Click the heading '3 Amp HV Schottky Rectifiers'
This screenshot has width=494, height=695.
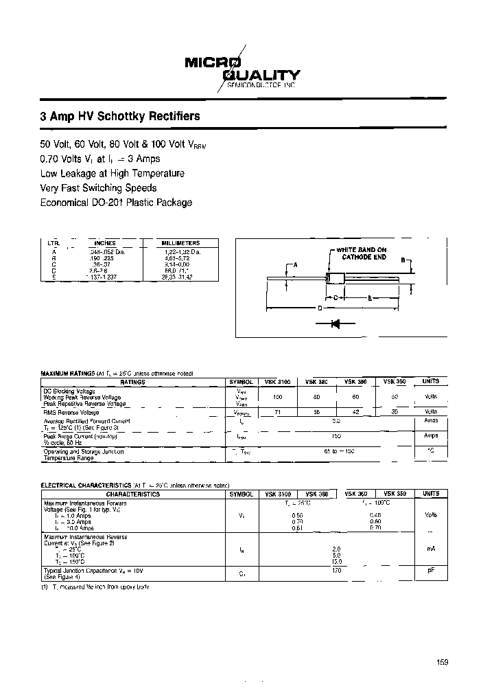(x=120, y=116)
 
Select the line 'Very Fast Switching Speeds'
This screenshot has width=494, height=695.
(x=99, y=188)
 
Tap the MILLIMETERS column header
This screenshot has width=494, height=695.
(x=180, y=243)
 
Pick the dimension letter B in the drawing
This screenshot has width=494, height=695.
(x=403, y=261)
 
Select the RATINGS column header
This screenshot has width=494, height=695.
(x=133, y=381)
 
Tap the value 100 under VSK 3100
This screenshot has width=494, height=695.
(x=277, y=396)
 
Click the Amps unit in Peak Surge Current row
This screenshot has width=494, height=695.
(x=431, y=435)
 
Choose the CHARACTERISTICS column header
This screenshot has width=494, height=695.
(x=133, y=494)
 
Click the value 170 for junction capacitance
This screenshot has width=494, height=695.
(x=337, y=570)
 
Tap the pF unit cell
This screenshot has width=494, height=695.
(x=431, y=570)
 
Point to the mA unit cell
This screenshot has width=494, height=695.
(x=431, y=549)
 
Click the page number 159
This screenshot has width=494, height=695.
(x=441, y=662)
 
